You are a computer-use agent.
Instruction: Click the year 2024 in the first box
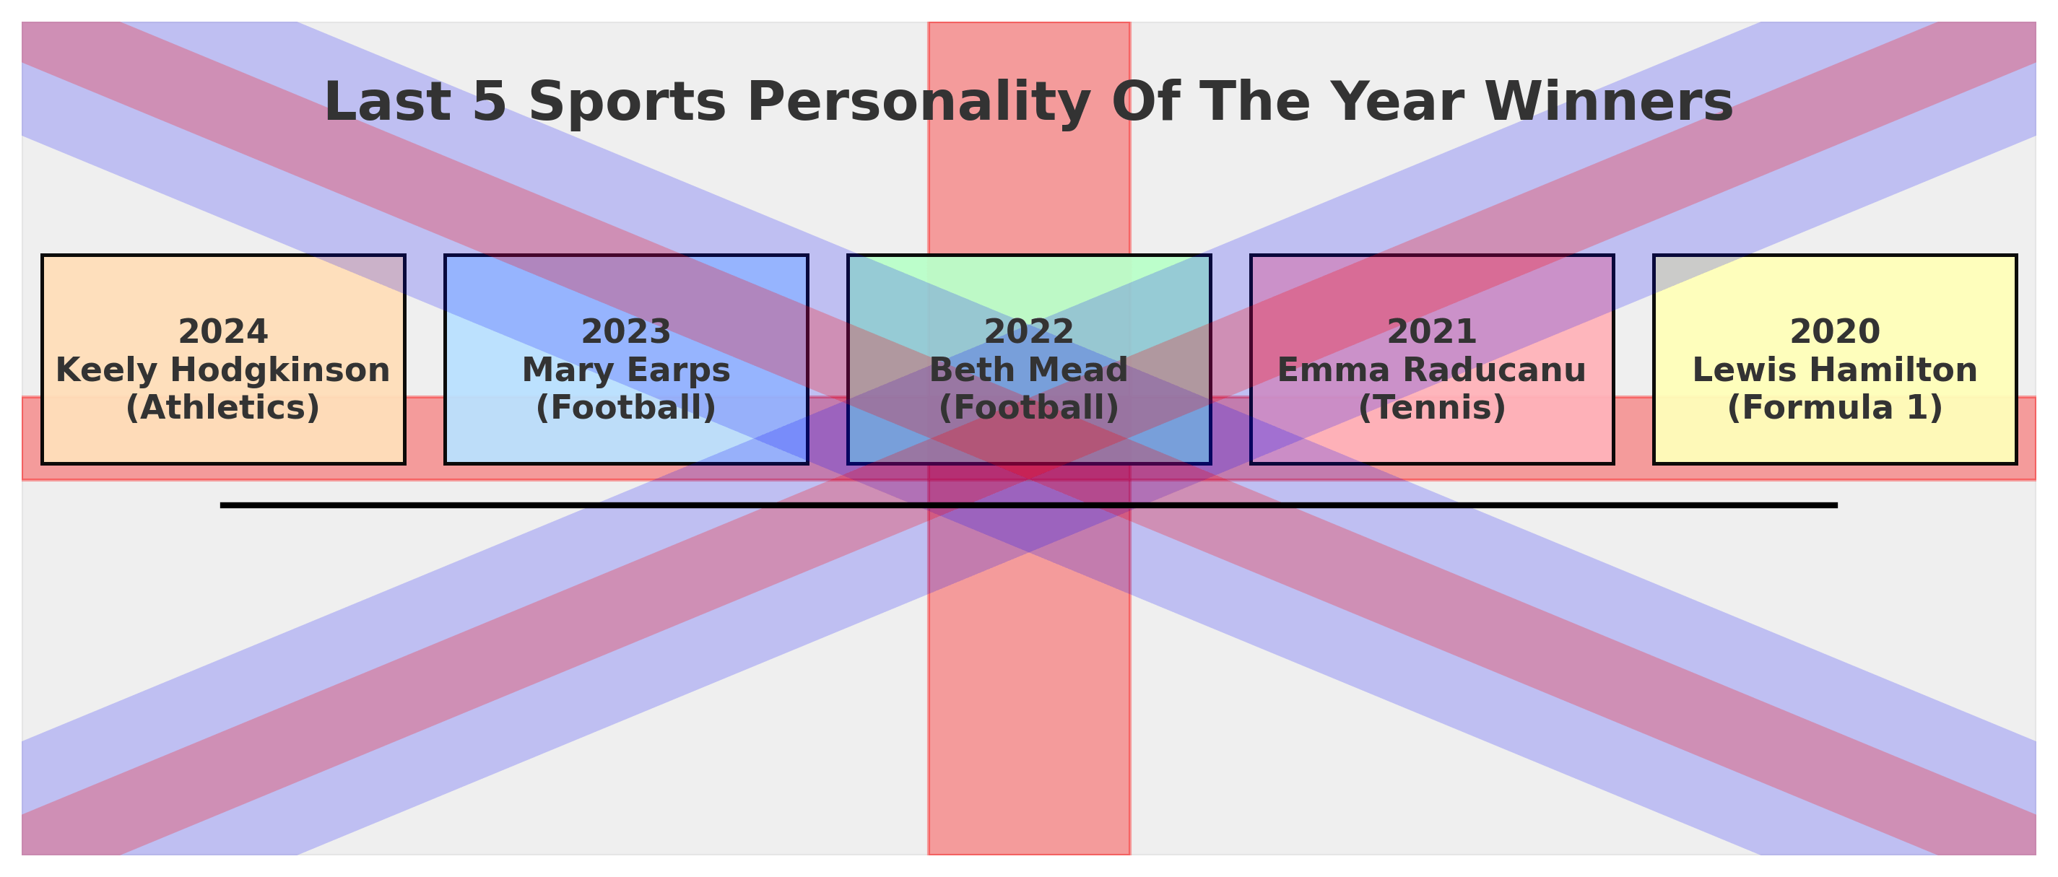pos(223,331)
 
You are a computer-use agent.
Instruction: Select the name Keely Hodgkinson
pos(223,370)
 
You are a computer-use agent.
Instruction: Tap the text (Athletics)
pos(223,408)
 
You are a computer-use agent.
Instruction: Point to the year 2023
pos(626,331)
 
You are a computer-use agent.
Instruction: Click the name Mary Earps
pos(626,370)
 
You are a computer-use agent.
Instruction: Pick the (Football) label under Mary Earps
pos(626,408)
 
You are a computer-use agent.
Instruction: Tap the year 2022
pos(1029,331)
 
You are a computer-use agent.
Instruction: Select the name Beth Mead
pos(1029,370)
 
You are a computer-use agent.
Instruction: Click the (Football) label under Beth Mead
pos(1029,408)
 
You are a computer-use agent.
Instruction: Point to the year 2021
pos(1433,331)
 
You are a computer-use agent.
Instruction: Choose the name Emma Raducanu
pos(1433,370)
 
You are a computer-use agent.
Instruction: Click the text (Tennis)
pos(1433,408)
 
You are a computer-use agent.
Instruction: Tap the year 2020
pos(1835,331)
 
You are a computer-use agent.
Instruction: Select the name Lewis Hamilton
pos(1835,370)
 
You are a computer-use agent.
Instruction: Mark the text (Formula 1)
pos(1835,408)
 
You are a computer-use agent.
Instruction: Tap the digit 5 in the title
pos(490,102)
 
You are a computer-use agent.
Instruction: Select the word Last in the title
pos(388,102)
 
